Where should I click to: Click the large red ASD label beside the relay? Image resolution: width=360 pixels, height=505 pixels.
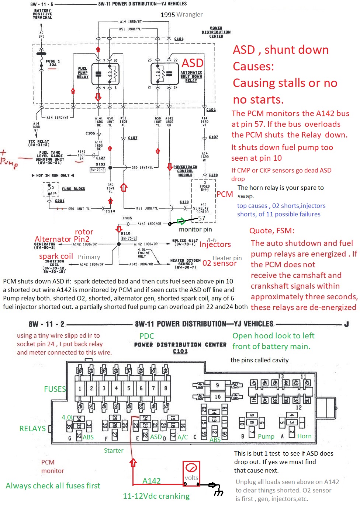point(192,63)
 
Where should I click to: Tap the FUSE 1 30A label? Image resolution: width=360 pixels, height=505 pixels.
point(53,63)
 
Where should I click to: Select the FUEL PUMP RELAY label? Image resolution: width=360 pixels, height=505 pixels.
point(83,73)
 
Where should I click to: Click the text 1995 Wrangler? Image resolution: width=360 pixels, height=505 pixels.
point(181,14)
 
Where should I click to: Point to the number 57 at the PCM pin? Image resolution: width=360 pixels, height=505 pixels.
point(201,218)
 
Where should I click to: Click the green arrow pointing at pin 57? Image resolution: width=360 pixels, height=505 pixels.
point(181,221)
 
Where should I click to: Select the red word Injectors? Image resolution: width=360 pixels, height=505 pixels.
point(215,244)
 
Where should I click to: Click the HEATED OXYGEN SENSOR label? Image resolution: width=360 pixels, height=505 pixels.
point(185,264)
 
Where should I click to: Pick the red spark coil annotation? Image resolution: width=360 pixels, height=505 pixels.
point(56,256)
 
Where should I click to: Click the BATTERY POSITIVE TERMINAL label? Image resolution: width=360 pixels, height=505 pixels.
point(42,14)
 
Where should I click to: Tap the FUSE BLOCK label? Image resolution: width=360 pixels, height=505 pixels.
point(73,189)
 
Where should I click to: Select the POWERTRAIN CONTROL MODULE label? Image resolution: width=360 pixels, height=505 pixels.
point(185,171)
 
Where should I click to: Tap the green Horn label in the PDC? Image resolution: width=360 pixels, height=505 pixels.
point(304,436)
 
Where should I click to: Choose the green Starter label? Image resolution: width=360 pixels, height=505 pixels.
point(114,450)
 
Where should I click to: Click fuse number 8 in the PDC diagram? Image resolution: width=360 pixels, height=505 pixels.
point(166,388)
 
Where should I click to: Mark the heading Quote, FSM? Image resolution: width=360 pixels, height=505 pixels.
point(272,231)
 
